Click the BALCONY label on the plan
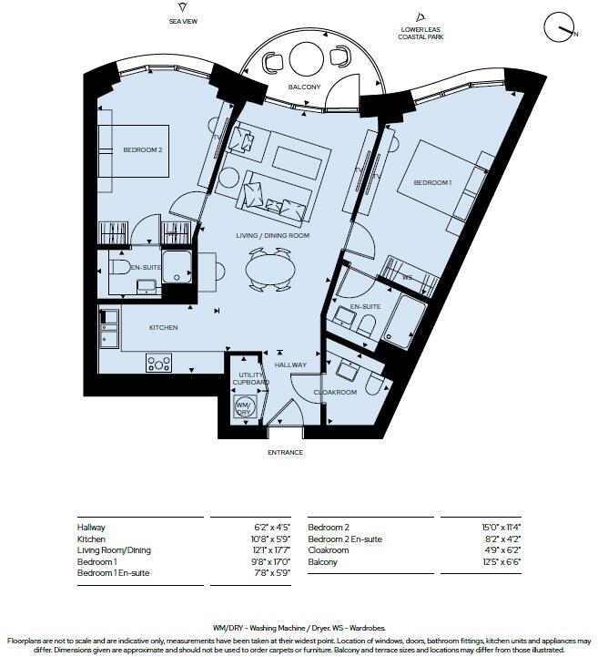(x=306, y=87)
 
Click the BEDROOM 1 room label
(x=432, y=183)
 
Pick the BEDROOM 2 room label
(x=142, y=150)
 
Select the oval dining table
(x=269, y=268)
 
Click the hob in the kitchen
(x=160, y=363)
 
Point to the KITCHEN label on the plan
(x=164, y=327)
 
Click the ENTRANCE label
(x=285, y=453)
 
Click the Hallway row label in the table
(x=91, y=528)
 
